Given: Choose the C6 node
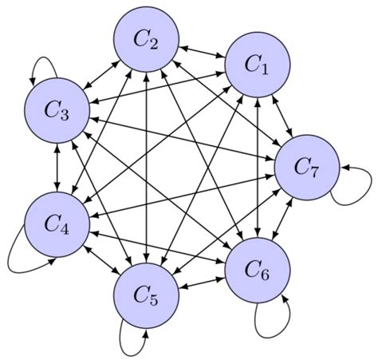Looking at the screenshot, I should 257,271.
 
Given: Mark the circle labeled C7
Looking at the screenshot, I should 307,168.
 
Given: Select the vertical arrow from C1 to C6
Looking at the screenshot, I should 257,169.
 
